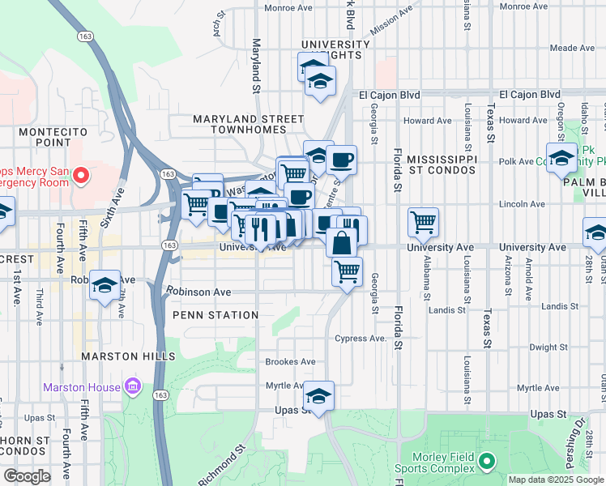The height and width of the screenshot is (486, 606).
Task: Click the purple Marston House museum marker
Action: [131, 387]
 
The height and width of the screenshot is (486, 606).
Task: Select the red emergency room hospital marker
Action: [81, 175]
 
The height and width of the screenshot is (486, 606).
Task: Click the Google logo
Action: [27, 476]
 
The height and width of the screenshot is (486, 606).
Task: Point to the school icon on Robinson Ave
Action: [105, 285]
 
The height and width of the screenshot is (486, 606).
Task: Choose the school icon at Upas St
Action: [319, 397]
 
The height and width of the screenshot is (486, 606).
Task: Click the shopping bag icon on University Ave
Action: [343, 241]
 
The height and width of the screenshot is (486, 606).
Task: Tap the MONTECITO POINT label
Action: [53, 137]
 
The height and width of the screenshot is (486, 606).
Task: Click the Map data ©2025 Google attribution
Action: [555, 480]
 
